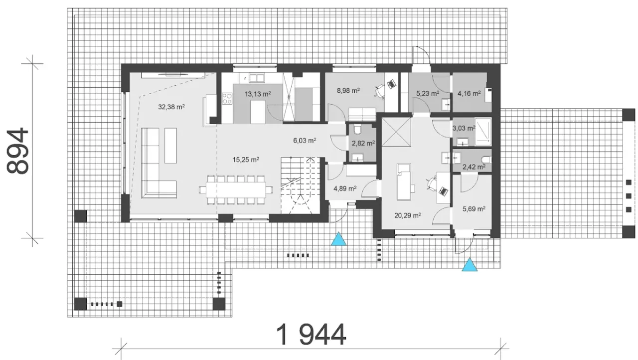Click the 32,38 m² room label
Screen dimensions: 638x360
171,107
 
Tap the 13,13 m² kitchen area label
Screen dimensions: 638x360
258,94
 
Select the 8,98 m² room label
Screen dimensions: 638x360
348,91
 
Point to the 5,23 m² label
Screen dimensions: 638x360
428,93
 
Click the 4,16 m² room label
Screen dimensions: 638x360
469,93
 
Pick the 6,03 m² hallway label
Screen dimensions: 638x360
305,141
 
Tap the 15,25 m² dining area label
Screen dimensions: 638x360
246,160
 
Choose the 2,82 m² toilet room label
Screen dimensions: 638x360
363,143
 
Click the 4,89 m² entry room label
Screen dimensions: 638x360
345,188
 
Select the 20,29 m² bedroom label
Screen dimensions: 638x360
408,215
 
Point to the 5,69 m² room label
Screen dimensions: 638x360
474,209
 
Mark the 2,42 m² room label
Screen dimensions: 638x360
474,167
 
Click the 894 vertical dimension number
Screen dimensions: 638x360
17,151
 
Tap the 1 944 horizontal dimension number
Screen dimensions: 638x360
312,335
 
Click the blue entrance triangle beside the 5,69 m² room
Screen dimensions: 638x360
470,264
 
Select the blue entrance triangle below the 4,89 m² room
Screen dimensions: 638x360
338,239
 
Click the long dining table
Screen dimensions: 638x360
236,190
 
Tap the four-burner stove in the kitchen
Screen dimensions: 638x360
227,99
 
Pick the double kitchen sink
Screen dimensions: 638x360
257,78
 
